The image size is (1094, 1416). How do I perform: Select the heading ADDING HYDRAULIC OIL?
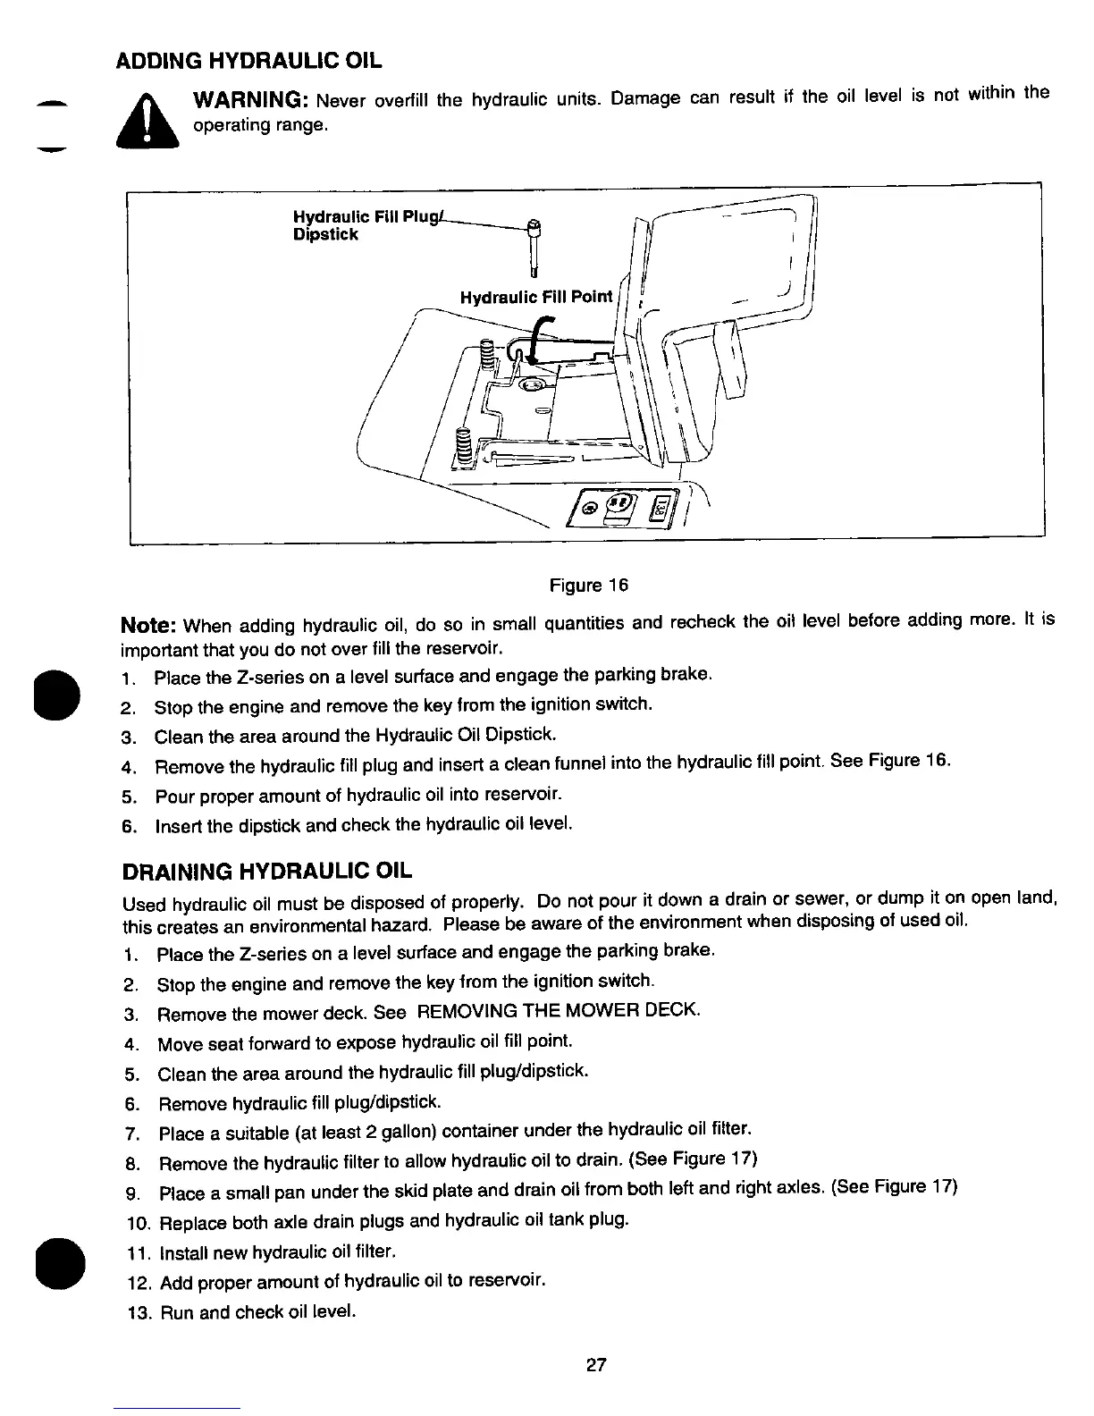249,62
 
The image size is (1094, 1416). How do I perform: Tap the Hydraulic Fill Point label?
536,297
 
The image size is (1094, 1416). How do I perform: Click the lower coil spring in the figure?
463,445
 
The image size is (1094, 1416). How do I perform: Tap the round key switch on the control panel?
591,510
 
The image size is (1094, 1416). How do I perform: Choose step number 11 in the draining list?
140,1252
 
